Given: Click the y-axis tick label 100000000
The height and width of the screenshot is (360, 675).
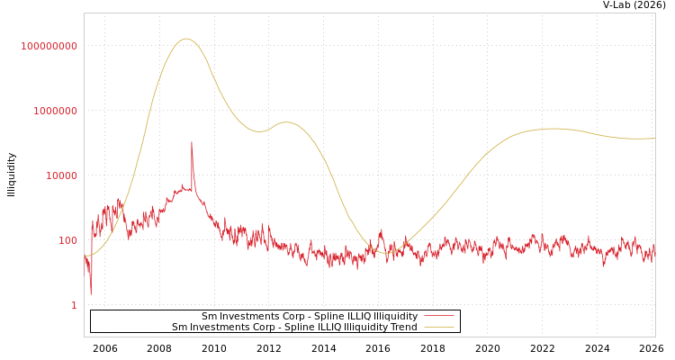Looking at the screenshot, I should pyautogui.click(x=49, y=46).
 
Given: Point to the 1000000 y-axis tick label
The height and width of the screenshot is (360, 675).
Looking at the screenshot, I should pyautogui.click(x=55, y=111).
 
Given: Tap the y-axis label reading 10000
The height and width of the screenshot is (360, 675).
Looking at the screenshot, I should pyautogui.click(x=61, y=175).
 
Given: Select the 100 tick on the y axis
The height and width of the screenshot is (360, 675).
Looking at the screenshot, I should pyautogui.click(x=68, y=240).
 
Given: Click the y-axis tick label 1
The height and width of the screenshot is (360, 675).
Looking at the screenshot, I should pyautogui.click(x=74, y=305).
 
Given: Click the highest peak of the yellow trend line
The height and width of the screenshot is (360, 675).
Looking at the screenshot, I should pyautogui.click(x=186, y=39).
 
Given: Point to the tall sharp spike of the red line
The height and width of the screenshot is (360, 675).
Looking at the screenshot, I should pyautogui.click(x=191, y=142).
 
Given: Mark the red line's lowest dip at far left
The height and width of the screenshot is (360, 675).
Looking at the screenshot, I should pyautogui.click(x=90, y=293).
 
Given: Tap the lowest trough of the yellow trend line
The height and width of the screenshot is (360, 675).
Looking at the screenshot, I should pyautogui.click(x=387, y=253).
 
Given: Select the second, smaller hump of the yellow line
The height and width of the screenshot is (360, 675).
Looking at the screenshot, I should pyautogui.click(x=286, y=122).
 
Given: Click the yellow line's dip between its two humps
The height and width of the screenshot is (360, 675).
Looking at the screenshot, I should pyautogui.click(x=259, y=131).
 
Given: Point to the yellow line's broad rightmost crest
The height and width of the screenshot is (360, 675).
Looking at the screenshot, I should pyautogui.click(x=551, y=129).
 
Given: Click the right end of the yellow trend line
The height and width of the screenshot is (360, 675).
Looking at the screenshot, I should pyautogui.click(x=654, y=139).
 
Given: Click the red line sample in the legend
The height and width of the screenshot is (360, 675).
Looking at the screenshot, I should pyautogui.click(x=438, y=316).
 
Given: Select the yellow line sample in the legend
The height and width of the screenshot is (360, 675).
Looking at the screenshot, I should pyautogui.click(x=438, y=327).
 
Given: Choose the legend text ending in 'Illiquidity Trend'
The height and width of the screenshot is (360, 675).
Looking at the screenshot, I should pyautogui.click(x=294, y=327).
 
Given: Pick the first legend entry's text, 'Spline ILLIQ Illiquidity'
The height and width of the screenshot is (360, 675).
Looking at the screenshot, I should pyautogui.click(x=310, y=316).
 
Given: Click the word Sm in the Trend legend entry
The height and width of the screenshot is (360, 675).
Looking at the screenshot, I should pyautogui.click(x=178, y=327).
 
